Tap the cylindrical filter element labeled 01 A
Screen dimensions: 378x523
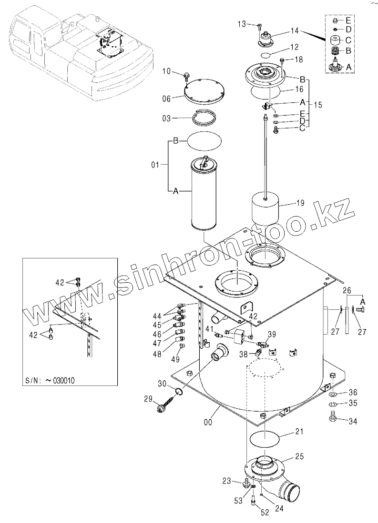coord(204,194)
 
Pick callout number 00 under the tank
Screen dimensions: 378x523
coord(208,422)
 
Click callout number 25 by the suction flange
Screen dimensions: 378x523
coord(299,456)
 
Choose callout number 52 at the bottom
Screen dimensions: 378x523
coord(265,513)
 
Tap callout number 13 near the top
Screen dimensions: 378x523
coord(242,24)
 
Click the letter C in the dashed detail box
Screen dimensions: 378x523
coord(348,40)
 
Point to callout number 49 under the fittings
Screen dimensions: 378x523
coord(175,359)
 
